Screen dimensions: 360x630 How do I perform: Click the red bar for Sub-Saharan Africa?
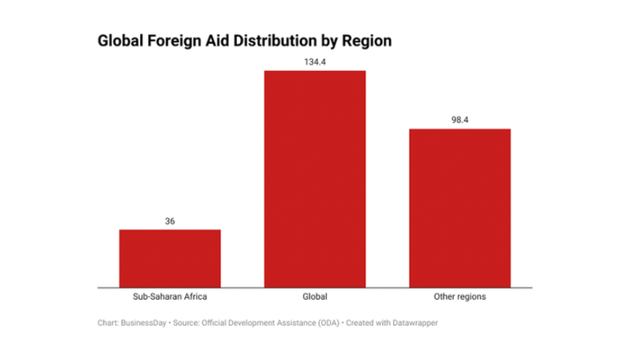pos(170,258)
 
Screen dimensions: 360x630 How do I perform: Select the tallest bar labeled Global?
pos(315,179)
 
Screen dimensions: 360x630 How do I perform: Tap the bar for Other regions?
pos(460,208)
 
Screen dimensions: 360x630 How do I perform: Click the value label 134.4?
pos(315,61)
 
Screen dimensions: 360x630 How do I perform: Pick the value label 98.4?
pos(460,120)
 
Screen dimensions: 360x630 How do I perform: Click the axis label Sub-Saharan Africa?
pos(170,296)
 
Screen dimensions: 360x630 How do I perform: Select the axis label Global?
pos(315,296)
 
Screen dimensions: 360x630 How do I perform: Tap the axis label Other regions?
pos(460,296)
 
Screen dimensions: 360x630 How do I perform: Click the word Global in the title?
pos(122,41)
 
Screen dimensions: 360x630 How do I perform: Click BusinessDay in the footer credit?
pos(144,321)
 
